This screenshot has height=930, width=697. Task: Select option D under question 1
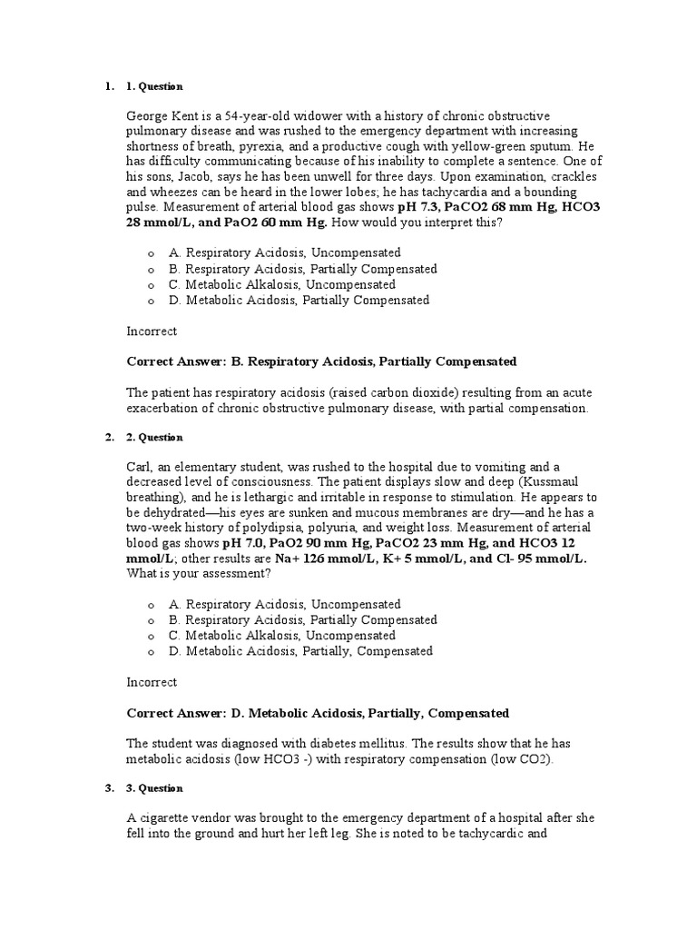click(x=299, y=300)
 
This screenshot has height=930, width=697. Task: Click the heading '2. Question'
click(x=154, y=438)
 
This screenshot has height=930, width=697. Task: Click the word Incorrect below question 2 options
click(x=152, y=682)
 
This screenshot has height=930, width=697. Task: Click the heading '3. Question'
click(x=154, y=788)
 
